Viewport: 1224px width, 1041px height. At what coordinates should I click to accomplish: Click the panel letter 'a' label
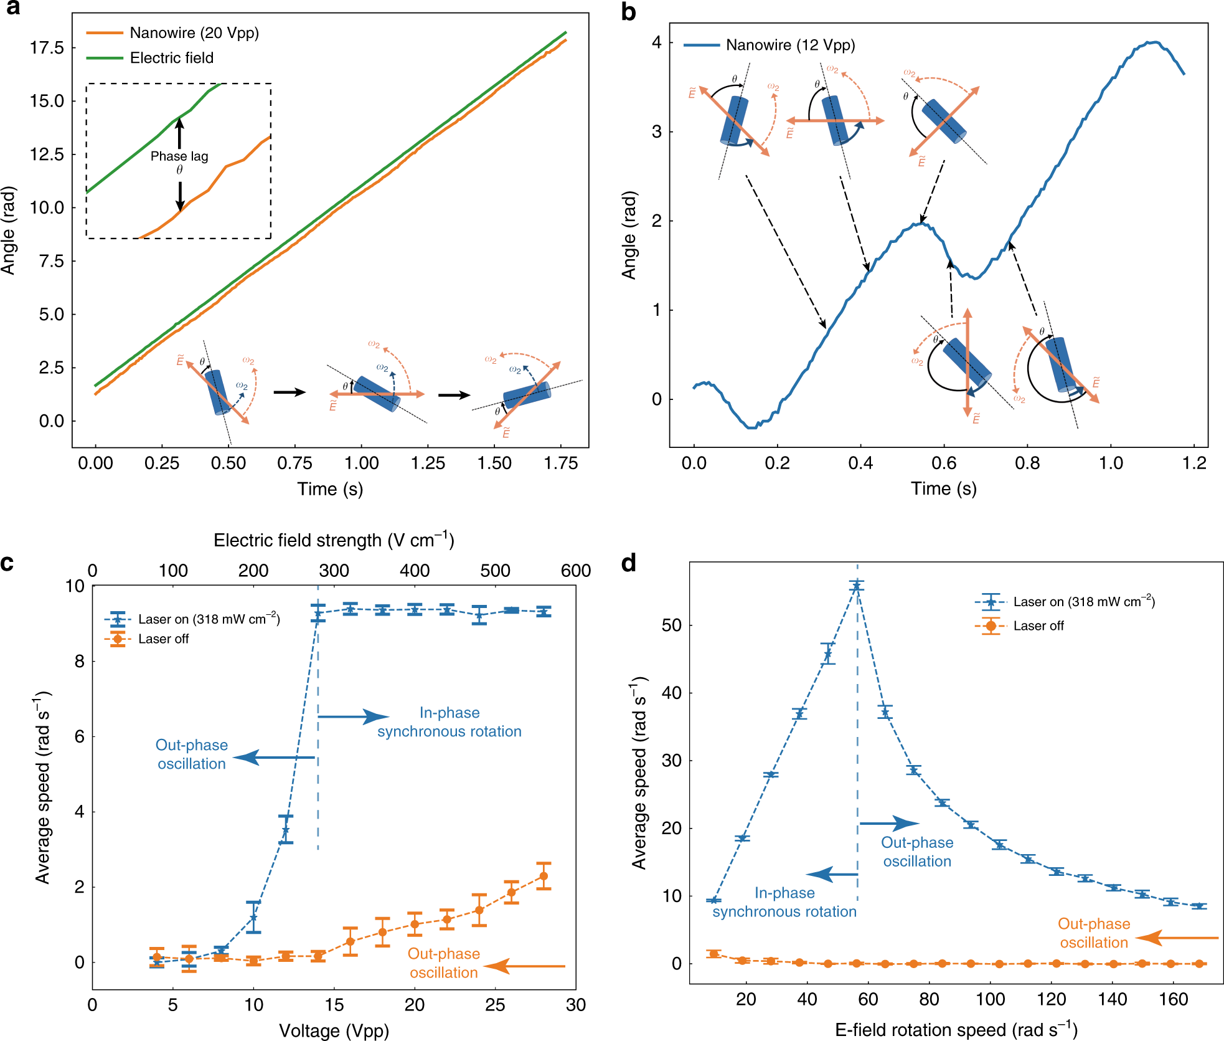point(12,8)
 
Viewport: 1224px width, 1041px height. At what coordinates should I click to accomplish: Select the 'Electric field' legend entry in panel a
point(171,58)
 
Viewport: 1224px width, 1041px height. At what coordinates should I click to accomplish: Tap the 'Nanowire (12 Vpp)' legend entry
point(790,45)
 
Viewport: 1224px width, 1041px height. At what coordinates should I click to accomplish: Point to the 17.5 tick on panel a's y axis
point(47,48)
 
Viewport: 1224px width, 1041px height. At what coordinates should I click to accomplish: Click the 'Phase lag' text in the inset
point(179,156)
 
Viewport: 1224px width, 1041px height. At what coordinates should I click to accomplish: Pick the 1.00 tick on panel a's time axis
point(361,463)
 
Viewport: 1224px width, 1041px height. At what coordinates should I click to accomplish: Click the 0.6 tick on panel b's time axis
point(944,463)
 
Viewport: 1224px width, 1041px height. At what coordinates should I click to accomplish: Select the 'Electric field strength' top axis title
point(334,540)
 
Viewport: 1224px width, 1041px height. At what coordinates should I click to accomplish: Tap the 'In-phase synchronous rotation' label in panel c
point(449,722)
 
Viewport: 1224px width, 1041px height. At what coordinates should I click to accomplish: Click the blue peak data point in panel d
point(857,586)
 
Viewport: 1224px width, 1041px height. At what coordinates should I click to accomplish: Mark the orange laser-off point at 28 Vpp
point(544,876)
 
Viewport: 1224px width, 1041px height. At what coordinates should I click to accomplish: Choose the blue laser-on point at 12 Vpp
point(286,830)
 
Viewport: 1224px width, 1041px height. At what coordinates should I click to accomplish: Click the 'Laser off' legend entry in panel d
point(1038,625)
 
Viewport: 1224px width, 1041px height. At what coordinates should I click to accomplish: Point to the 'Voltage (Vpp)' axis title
point(334,1030)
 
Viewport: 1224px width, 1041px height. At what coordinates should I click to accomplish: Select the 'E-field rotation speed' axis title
point(956,1030)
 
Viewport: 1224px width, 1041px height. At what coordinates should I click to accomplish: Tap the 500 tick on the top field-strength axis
point(496,571)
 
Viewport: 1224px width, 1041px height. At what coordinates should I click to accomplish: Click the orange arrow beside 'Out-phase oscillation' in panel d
point(1177,938)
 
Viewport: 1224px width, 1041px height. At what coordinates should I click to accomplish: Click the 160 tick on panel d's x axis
point(1173,1000)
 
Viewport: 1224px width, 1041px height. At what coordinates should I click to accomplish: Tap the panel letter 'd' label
point(629,563)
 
